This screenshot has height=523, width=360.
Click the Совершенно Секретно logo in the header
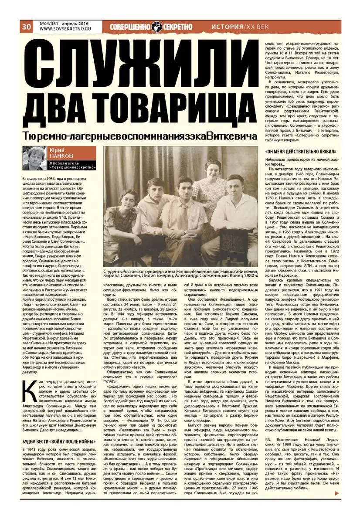[150, 27]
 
